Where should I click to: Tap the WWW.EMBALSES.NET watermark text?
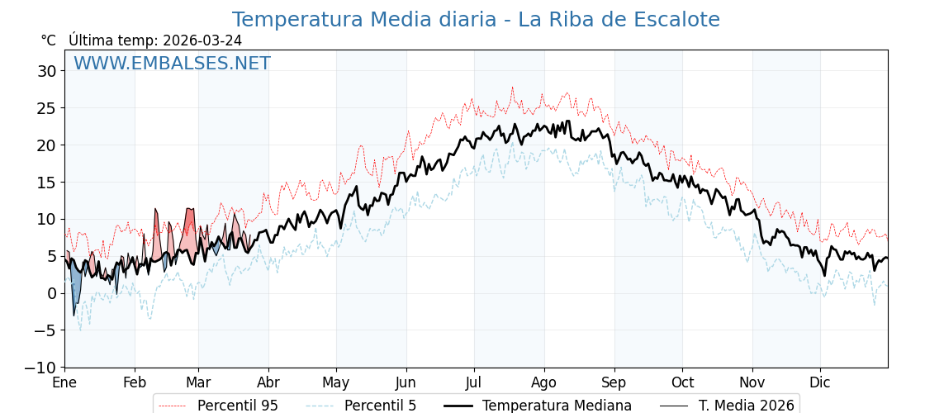pos(172,64)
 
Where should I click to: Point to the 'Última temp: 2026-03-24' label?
pos(155,40)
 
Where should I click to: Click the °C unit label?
pos(49,40)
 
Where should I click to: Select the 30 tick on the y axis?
pos(47,71)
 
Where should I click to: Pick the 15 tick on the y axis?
pos(47,182)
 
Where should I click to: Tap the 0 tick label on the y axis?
pos(52,293)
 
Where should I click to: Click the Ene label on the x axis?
pos(64,382)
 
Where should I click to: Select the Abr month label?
pos(268,382)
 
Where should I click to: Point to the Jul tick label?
pos(474,382)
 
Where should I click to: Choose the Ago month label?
pos(544,382)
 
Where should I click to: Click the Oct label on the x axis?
pos(682,382)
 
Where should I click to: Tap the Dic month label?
pos(820,382)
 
